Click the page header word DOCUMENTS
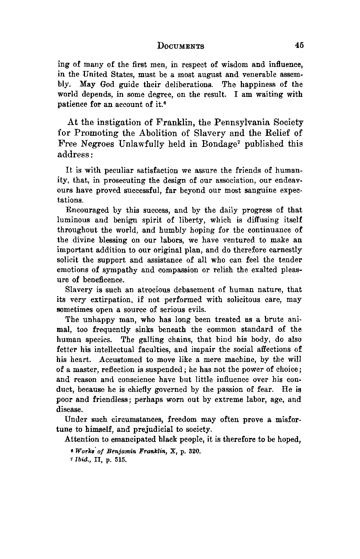pyautogui.click(x=181, y=46)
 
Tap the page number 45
pyautogui.click(x=299, y=45)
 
